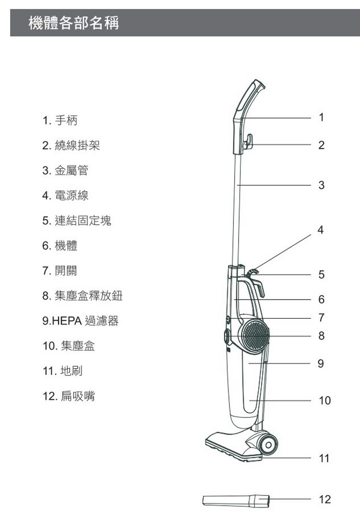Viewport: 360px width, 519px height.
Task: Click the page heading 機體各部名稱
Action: pyautogui.click(x=73, y=23)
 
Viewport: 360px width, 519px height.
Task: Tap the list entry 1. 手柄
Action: pyautogui.click(x=60, y=120)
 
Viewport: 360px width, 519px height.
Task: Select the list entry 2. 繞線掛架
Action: pyautogui.click(x=71, y=145)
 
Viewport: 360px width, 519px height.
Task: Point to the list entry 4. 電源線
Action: pyautogui.click(x=65, y=195)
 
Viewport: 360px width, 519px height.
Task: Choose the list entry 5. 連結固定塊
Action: pyautogui.click(x=77, y=220)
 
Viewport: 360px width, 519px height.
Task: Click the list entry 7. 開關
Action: pyautogui.click(x=60, y=271)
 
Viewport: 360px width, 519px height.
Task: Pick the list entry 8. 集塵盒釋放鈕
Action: pyautogui.click(x=83, y=296)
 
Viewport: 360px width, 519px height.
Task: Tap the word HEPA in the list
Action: pyautogui.click(x=67, y=321)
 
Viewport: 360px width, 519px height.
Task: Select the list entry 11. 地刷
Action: pyautogui.click(x=62, y=371)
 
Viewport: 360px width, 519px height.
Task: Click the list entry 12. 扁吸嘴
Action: pyautogui.click(x=69, y=396)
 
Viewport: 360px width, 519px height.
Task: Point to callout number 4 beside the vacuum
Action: pyautogui.click(x=320, y=229)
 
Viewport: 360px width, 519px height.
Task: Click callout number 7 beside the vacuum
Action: pyautogui.click(x=321, y=317)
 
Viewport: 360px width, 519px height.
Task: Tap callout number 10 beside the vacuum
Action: pyautogui.click(x=324, y=400)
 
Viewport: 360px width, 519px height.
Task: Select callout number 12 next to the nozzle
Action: pyautogui.click(x=324, y=499)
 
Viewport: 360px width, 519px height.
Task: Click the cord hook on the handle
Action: pyautogui.click(x=248, y=142)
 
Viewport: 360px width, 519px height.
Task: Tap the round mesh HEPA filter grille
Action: pyautogui.click(x=255, y=335)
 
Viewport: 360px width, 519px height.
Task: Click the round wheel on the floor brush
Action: pyautogui.click(x=268, y=445)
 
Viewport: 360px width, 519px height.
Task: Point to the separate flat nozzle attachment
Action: pyautogui.click(x=236, y=500)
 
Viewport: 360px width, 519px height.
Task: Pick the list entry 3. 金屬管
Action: pyautogui.click(x=65, y=170)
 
